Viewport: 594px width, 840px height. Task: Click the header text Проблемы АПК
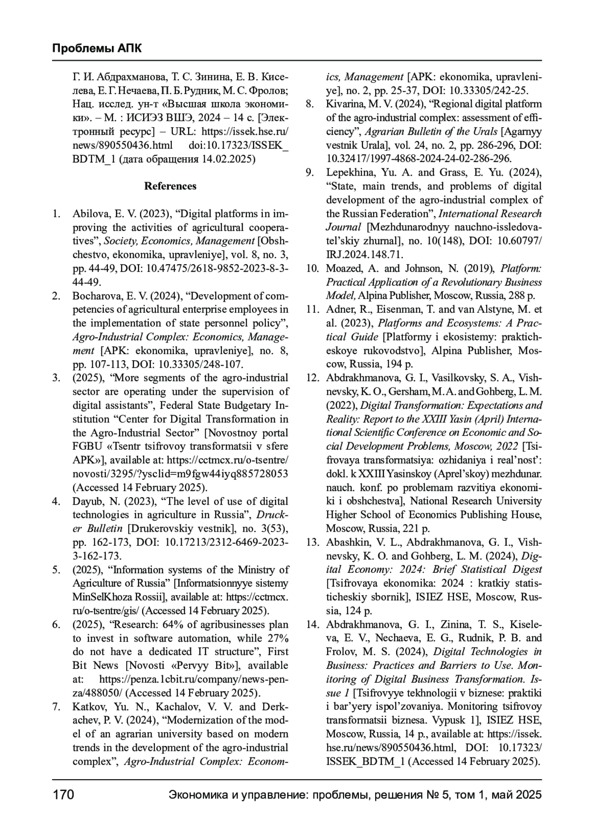(97, 48)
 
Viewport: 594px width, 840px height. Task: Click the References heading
(170, 186)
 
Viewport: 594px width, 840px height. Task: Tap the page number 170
(63, 795)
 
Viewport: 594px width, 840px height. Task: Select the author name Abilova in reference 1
(90, 214)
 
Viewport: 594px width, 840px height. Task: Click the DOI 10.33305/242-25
(486, 91)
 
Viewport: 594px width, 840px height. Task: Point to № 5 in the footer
(437, 795)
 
